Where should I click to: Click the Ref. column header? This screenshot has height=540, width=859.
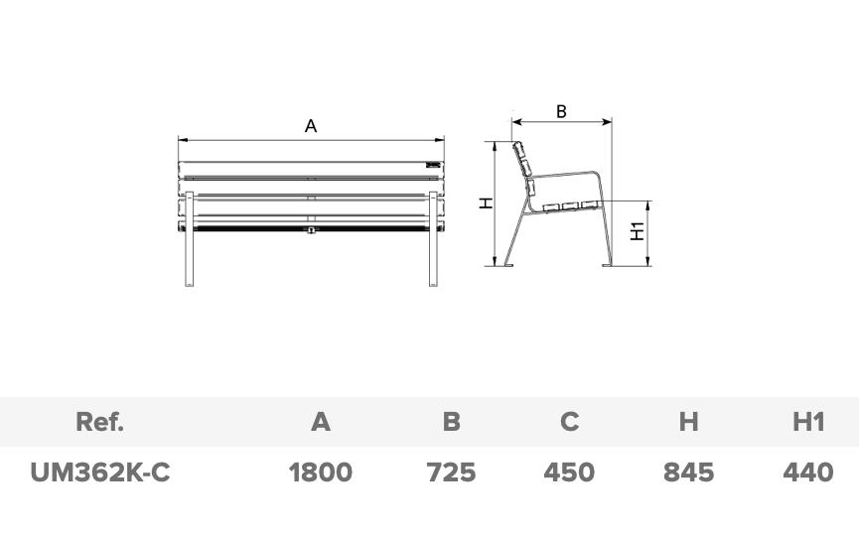coord(99,422)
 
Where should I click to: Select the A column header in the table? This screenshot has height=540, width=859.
coord(321,422)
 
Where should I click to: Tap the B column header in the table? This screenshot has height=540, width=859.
coord(451,422)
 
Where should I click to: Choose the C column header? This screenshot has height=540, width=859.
coord(569,422)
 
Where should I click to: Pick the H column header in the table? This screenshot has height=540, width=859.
coord(688,422)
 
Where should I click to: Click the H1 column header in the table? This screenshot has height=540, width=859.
coord(808,422)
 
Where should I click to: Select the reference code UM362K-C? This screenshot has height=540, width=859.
coord(100,472)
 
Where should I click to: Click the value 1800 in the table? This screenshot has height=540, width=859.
coord(321,472)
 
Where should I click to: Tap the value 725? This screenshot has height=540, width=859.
coord(451,472)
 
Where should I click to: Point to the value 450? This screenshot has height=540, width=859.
coord(569,472)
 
